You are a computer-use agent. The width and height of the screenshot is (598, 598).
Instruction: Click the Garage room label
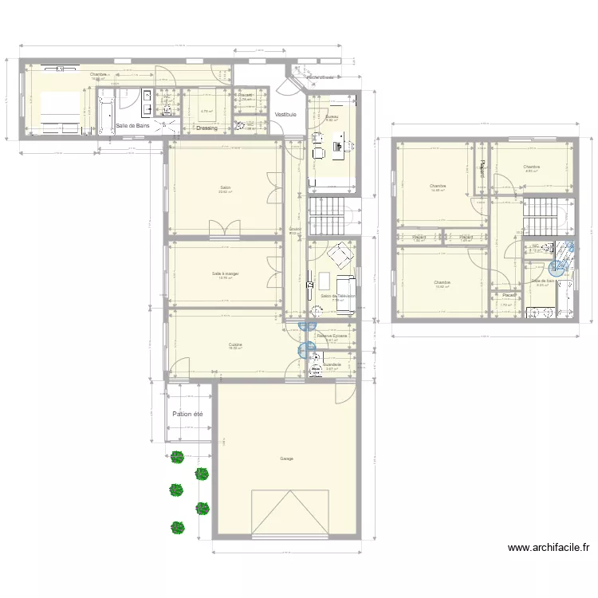coord(285,458)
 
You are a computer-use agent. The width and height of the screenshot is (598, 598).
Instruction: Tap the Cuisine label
coord(235,344)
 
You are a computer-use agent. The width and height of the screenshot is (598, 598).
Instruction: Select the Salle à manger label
coord(226,273)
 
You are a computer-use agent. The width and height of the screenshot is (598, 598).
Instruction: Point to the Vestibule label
coord(285,115)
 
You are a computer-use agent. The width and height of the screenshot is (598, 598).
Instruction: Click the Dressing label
coord(207,128)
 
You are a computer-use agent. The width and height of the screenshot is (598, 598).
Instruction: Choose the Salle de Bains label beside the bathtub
coord(133,125)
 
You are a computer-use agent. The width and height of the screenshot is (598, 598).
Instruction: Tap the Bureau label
coord(332,117)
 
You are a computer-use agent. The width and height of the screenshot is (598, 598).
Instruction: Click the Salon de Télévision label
coord(337,296)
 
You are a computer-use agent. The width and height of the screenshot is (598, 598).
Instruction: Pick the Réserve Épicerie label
coord(332,336)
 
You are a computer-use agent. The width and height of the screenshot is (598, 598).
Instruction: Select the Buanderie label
coord(332,364)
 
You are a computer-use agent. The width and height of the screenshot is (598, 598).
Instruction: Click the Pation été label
coord(188,414)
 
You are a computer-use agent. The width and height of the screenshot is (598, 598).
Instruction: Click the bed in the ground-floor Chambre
coord(55,111)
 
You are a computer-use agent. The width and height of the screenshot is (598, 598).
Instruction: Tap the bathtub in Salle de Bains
coord(106,116)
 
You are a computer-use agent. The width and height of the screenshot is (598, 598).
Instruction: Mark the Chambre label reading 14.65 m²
coord(438,187)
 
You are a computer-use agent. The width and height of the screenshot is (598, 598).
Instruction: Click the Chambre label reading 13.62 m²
coord(443,282)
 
